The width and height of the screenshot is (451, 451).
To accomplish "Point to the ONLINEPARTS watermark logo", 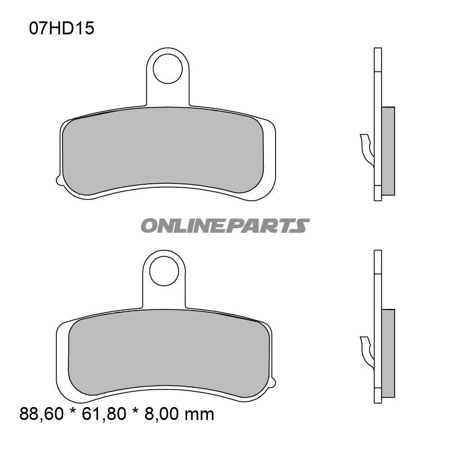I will click(x=224, y=226).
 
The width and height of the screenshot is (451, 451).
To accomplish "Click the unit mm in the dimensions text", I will click(x=201, y=415).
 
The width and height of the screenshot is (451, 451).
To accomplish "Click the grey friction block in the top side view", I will click(x=388, y=151).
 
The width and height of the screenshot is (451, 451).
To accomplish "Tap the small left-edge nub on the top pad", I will click(x=58, y=180).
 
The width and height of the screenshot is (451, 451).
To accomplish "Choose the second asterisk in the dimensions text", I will click(x=135, y=415).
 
